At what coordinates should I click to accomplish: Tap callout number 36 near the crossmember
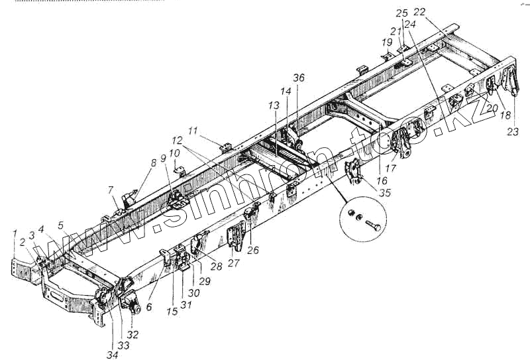[299, 78]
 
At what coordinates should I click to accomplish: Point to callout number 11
[193, 131]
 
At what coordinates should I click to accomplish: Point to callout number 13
[274, 106]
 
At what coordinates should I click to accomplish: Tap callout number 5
[60, 225]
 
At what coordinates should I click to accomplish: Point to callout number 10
[174, 153]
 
